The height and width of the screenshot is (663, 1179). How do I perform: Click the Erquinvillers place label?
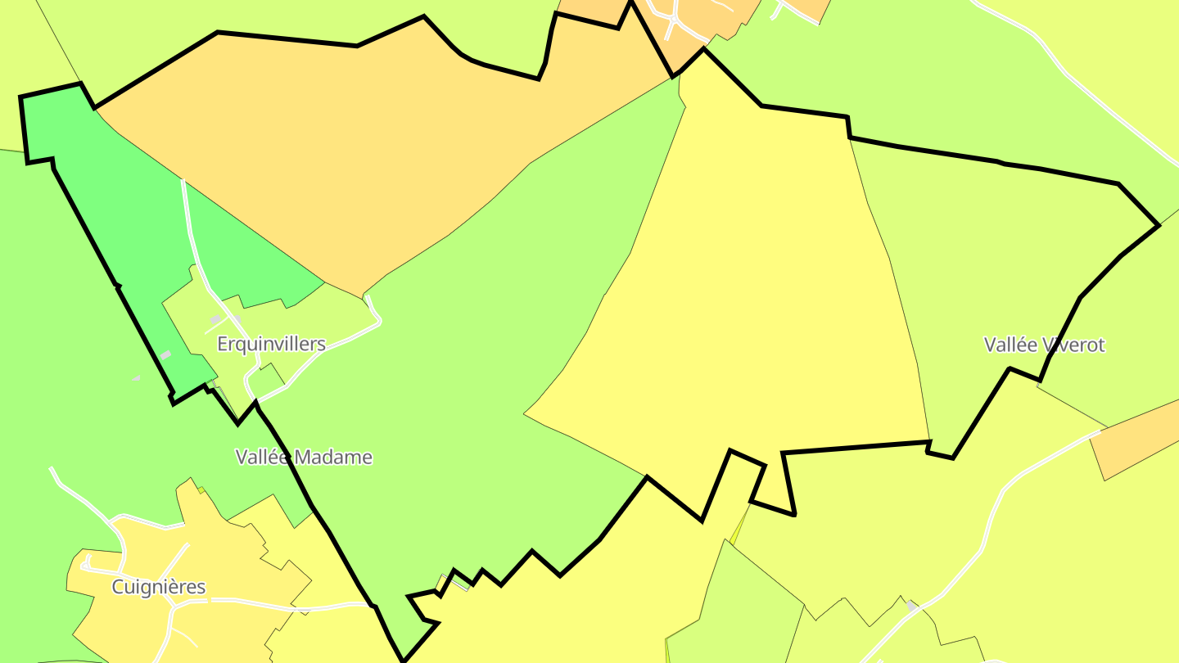pyautogui.click(x=271, y=344)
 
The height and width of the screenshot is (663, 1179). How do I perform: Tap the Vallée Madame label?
pyautogui.click(x=304, y=457)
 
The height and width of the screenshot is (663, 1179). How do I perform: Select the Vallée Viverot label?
pyautogui.click(x=1044, y=345)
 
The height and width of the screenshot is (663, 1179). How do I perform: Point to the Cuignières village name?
pyautogui.click(x=158, y=587)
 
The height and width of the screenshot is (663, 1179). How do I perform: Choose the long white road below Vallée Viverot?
pyautogui.click(x=991, y=524)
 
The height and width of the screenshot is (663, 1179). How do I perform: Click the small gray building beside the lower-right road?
pyautogui.click(x=911, y=606)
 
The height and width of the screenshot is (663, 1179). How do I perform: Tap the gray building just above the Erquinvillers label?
pyautogui.click(x=215, y=319)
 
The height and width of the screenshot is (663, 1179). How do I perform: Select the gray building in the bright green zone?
pyautogui.click(x=165, y=355)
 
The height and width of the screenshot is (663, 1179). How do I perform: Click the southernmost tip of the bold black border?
pyautogui.click(x=403, y=660)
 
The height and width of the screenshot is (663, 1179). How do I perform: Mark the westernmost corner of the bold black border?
pyautogui.click(x=20, y=97)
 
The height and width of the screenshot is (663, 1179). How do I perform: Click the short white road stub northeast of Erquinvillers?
pyautogui.click(x=373, y=306)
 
